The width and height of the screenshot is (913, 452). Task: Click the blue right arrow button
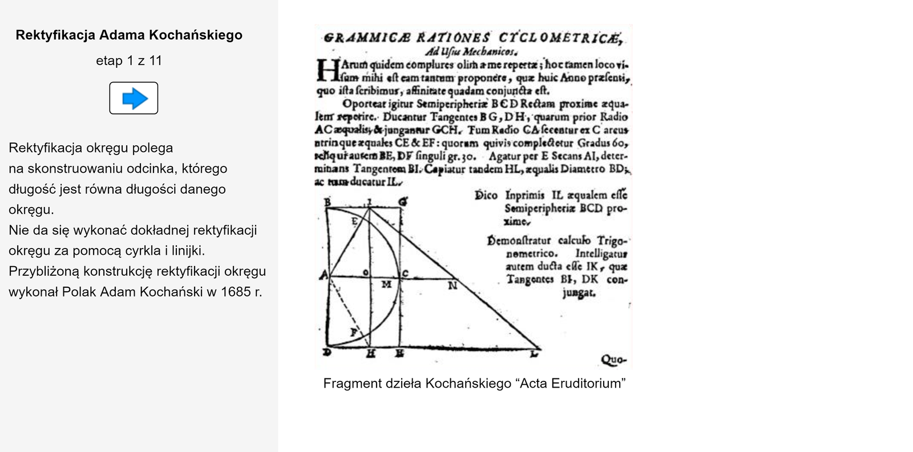point(134,98)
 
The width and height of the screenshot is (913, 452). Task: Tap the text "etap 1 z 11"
point(129,61)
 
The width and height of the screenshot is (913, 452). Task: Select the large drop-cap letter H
point(328,70)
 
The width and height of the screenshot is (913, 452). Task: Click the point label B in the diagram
point(327,201)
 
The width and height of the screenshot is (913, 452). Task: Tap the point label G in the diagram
point(402,202)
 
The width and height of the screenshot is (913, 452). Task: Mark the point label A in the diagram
point(323,276)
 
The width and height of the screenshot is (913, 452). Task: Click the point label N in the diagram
point(452,286)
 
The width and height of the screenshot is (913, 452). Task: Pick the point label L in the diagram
point(534,354)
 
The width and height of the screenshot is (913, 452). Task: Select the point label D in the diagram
point(327,352)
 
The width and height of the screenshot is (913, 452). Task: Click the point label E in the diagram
point(354,221)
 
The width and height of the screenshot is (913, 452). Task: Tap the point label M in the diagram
point(386,284)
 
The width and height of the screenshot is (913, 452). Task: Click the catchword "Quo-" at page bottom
point(613,360)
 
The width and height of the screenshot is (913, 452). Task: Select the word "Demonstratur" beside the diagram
point(519,241)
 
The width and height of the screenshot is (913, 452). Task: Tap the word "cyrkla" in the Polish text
point(151,251)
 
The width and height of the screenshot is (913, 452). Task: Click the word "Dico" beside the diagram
point(486,196)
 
